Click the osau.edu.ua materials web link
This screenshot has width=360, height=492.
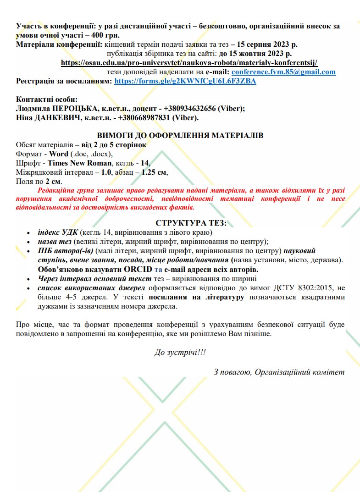pos(189,62)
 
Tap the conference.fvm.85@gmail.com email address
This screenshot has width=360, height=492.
pos(283,72)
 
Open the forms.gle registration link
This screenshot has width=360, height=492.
pos(185,81)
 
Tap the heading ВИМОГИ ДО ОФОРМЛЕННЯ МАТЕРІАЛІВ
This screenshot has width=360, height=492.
pos(180,136)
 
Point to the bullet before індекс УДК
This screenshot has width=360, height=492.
pos(29,233)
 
